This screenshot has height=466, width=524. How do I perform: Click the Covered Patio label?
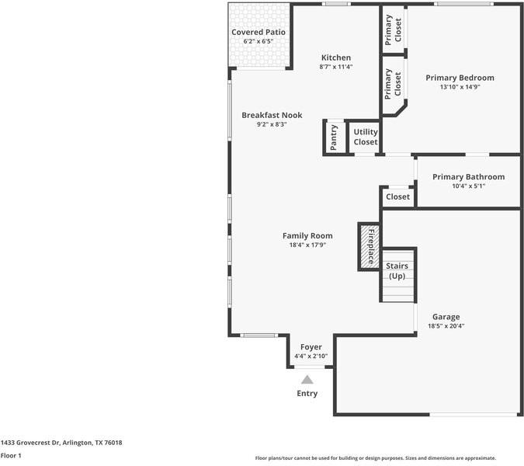(x=259, y=32)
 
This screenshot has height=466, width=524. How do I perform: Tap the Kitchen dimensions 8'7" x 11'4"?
(x=336, y=67)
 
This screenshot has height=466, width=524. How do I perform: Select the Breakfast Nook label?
(x=272, y=115)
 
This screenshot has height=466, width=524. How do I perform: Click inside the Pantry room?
(x=334, y=137)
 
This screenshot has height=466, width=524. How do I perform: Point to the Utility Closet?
(x=366, y=137)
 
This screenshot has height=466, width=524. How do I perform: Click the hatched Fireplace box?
(x=370, y=246)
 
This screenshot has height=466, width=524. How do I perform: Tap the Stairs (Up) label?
(x=397, y=271)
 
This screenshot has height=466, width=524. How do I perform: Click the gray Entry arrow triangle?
(x=307, y=380)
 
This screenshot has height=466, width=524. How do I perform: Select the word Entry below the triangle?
(x=307, y=394)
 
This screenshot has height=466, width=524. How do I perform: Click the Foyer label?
(x=311, y=347)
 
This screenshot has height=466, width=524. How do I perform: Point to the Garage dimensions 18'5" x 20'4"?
(x=446, y=326)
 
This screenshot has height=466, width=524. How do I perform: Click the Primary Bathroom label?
(x=469, y=177)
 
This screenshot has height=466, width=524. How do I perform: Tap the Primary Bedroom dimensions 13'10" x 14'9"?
(x=460, y=87)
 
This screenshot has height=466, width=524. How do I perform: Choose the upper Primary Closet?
(x=394, y=30)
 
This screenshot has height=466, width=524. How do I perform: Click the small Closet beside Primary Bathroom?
(x=397, y=197)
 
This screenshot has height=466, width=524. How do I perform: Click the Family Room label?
(x=307, y=235)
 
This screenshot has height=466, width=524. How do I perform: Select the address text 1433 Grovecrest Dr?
(x=30, y=443)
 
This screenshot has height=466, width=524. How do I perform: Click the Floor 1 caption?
(x=11, y=456)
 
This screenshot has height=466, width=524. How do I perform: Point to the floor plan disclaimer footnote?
(x=376, y=458)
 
